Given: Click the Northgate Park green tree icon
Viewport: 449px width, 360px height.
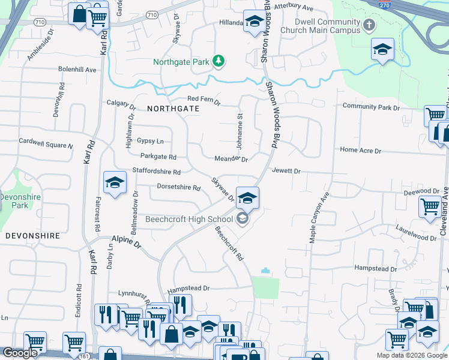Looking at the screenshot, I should pos(220,61).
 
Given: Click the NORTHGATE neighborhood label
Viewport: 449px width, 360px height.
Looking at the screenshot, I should pos(172,109).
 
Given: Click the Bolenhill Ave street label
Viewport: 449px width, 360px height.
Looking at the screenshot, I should pos(77,70).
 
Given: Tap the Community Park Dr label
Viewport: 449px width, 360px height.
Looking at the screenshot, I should pos(371,107).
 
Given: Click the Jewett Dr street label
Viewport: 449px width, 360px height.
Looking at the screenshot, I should pos(286,171).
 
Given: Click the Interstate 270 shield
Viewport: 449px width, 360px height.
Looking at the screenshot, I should pos(385,4).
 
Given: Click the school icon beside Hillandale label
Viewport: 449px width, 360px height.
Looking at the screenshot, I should pos(254,22).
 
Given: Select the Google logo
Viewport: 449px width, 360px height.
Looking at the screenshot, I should pos(20,353).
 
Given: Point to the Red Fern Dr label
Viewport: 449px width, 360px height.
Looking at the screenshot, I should pos(204,99).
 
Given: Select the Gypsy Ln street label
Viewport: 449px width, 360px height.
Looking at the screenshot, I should pos(150,141).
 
